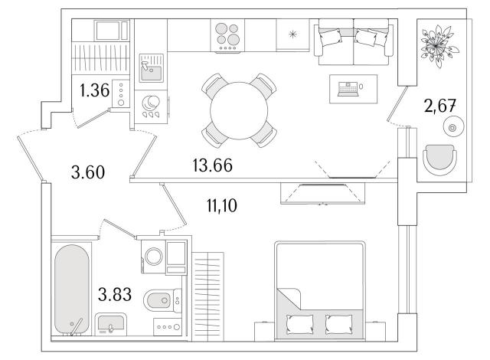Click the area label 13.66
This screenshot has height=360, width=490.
213,165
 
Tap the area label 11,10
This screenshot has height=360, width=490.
222,205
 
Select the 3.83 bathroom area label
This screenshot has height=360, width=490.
115,294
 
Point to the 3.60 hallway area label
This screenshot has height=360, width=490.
88,172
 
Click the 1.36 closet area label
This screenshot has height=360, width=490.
94,90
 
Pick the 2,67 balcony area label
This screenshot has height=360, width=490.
439,106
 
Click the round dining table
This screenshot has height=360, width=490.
239,110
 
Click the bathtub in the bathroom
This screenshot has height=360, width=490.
71,290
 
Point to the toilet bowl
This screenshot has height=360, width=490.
160,300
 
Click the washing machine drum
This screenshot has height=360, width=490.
153,257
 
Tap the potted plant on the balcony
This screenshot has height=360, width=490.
437,46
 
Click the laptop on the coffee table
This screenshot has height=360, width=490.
348,89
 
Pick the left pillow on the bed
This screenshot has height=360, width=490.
300,324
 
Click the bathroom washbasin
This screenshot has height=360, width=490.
110,324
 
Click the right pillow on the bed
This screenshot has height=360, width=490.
338,324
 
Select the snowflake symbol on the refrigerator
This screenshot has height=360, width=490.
292,34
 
